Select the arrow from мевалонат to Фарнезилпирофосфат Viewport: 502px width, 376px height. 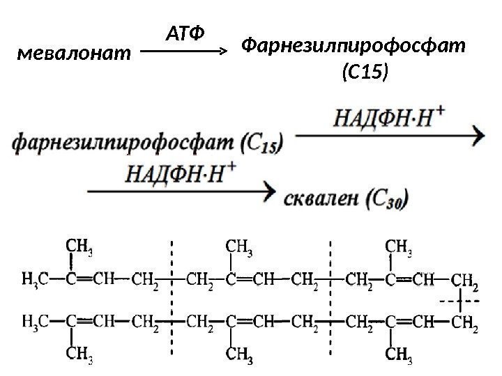pyautogui.click(x=185, y=51)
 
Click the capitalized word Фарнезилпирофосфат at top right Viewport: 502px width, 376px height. pyautogui.click(x=352, y=47)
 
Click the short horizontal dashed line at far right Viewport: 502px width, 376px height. pyautogui.click(x=459, y=301)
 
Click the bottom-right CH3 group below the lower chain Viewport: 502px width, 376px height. pyautogui.click(x=399, y=358)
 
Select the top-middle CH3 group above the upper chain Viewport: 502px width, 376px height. pyautogui.click(x=240, y=245)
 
